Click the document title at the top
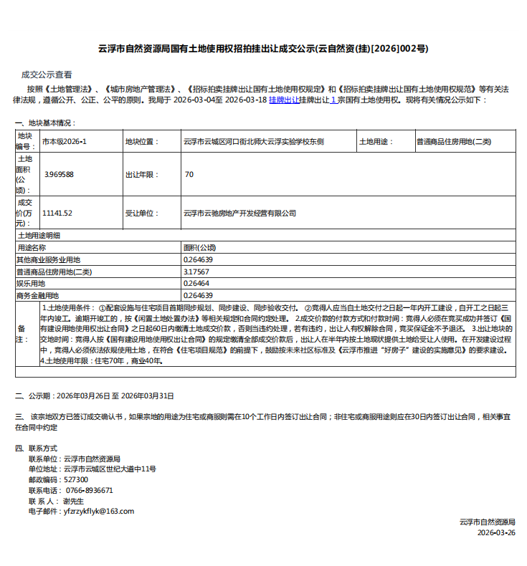pyautogui.click(x=263, y=49)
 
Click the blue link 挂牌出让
pyautogui.click(x=284, y=100)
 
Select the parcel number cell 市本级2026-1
pyautogui.click(x=65, y=142)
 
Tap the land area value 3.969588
pyautogui.click(x=59, y=174)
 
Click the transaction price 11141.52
pyautogui.click(x=57, y=213)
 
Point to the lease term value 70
pyautogui.click(x=189, y=174)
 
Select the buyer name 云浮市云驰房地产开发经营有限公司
pyautogui.click(x=240, y=213)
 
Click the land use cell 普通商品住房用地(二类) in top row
pyautogui.click(x=454, y=142)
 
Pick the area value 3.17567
pyautogui.click(x=196, y=272)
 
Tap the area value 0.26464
pyautogui.click(x=196, y=283)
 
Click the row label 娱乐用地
pyautogui.click(x=31, y=283)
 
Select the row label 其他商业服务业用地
pyautogui.click(x=48, y=259)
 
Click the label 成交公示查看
pyautogui.click(x=47, y=74)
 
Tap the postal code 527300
pyautogui.click(x=76, y=479)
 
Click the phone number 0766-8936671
pyautogui.click(x=88, y=490)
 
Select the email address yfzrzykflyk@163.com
pyautogui.click(x=99, y=511)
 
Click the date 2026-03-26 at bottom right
pyautogui.click(x=496, y=532)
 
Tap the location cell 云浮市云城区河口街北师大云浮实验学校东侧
pyautogui.click(x=254, y=142)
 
